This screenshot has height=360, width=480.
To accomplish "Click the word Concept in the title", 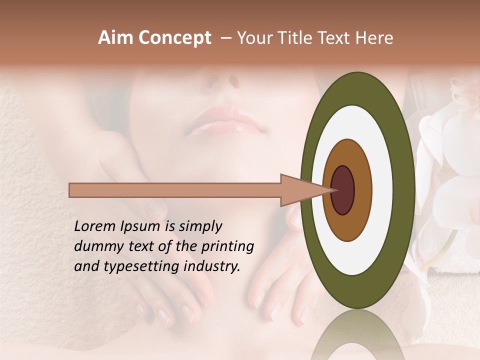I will (174, 38).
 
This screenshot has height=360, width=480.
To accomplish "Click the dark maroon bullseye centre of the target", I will (343, 190).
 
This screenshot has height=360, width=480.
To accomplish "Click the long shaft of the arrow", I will (175, 190).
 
